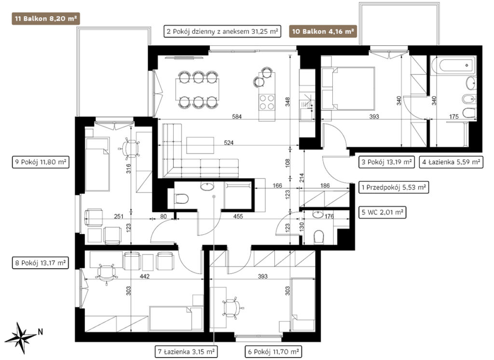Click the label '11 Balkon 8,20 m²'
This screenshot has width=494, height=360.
click(46, 19)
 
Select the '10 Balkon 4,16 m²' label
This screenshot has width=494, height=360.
click(323, 31)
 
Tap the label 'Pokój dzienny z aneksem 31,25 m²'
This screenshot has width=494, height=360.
click(225, 31)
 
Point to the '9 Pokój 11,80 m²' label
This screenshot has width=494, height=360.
click(41, 162)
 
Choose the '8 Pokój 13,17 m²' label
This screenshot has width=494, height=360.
click(41, 263)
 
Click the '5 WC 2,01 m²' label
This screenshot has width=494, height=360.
click(383, 212)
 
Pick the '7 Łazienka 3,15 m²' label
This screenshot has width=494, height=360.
click(186, 351)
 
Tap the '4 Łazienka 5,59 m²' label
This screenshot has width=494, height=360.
click(451, 162)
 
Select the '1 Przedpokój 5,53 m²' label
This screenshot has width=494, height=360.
click(394, 187)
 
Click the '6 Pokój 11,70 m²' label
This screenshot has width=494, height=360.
click(274, 351)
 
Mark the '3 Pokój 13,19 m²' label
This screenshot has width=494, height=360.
click(386, 162)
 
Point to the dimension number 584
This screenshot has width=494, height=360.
click(236, 117)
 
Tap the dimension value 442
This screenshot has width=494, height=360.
click(144, 277)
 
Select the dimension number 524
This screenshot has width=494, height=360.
click(228, 143)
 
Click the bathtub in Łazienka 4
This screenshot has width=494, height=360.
click(453, 66)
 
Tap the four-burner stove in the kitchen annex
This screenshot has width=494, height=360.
click(266, 102)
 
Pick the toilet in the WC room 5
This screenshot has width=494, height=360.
click(319, 237)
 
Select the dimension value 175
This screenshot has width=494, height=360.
click(453, 117)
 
